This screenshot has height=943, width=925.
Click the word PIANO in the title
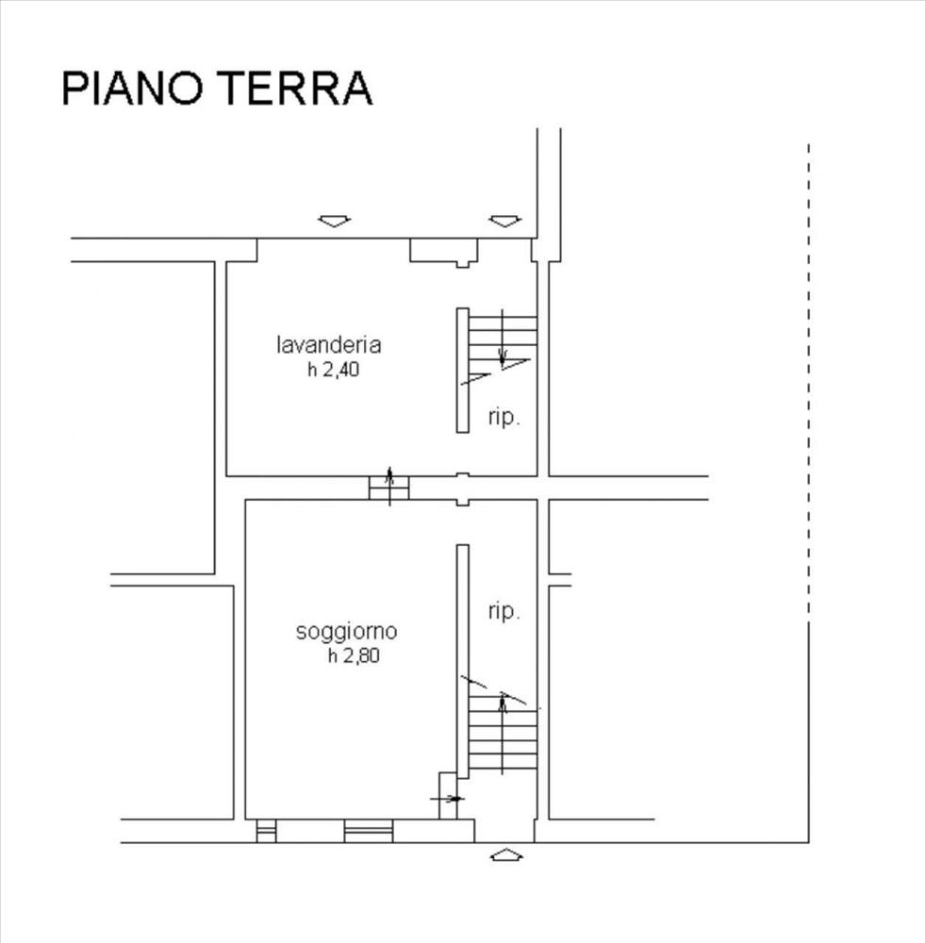point(132,89)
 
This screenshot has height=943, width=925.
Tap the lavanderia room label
point(329,344)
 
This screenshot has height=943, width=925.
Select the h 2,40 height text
point(333,370)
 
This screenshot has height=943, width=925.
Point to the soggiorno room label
point(346,632)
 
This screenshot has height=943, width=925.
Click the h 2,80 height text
point(354,655)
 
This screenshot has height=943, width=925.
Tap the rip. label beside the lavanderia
point(504,417)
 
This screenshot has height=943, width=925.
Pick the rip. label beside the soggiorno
point(504,611)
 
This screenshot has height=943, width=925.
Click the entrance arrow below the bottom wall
point(506,854)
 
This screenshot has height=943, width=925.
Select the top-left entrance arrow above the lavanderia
point(335,222)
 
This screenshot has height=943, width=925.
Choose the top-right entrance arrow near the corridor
point(505,222)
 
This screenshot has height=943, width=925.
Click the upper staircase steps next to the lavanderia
point(503,338)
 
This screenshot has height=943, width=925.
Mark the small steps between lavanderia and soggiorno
point(389,488)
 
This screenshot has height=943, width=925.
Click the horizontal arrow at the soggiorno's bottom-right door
point(448,799)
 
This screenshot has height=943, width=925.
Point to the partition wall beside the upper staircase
point(462,370)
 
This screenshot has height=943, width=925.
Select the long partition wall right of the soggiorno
point(462,662)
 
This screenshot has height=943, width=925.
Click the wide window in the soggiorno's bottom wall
point(369,831)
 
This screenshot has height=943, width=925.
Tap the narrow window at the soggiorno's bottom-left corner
point(267,831)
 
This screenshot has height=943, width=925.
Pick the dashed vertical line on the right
point(809,379)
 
